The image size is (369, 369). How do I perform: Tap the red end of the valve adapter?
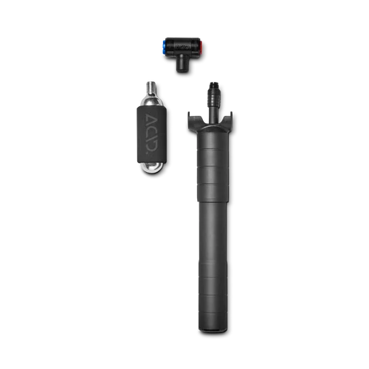pos(201,46)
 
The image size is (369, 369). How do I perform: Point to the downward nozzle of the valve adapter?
pos(183,63)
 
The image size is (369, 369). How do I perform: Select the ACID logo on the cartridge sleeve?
pos(151,134)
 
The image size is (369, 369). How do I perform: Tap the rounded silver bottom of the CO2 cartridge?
pos(152,168)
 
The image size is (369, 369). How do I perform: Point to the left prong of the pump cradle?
pos(191,119)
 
